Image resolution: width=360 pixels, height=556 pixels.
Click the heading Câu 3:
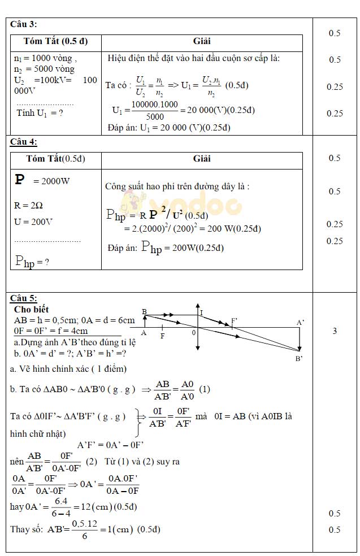[24, 24]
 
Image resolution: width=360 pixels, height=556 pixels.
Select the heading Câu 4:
[24, 142]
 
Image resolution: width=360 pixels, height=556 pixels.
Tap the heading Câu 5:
[24, 298]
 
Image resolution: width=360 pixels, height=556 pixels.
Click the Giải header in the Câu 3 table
[202, 42]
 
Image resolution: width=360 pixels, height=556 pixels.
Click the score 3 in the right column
[335, 331]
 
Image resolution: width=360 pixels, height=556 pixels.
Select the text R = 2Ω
[28, 206]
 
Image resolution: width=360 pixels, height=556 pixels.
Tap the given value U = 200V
[33, 221]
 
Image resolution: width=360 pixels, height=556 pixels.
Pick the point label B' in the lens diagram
[299, 358]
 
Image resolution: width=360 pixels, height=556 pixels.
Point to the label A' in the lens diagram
[301, 323]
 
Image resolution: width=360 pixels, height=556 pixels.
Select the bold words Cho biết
[31, 309]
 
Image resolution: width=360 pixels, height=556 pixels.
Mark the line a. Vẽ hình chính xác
[68, 368]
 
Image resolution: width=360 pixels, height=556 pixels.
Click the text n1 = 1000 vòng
[45, 58]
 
